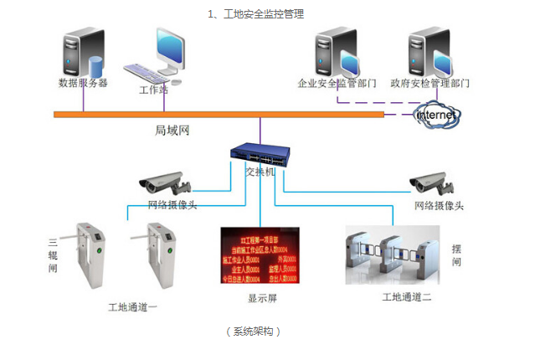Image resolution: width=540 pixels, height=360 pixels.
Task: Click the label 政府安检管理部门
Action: tap(429, 84)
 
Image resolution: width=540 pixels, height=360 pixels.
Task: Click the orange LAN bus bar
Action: tap(218, 114)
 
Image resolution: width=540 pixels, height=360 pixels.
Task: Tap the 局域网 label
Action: tap(172, 131)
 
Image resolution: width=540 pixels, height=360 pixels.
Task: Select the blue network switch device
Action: tap(260, 154)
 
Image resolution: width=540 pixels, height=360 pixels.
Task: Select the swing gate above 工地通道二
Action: tap(391, 253)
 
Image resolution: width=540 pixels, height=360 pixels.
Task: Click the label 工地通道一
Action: tap(133, 307)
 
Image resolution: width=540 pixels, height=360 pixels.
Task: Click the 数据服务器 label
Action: tap(82, 83)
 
